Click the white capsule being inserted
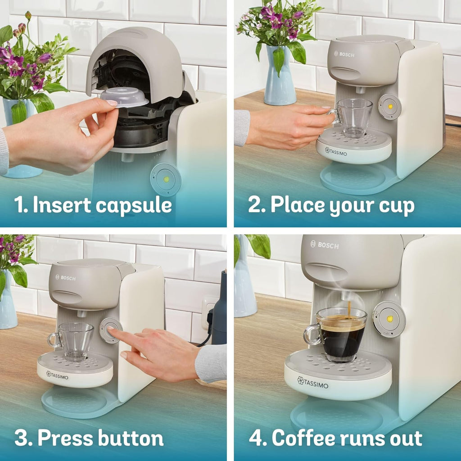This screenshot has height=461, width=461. pyautogui.click(x=124, y=97)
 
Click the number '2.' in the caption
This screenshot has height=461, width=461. pyautogui.click(x=257, y=205)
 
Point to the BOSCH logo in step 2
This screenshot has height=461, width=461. pyautogui.click(x=344, y=54)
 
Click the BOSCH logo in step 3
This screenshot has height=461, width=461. pyautogui.click(x=66, y=278)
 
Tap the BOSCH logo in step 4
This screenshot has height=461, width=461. pyautogui.click(x=325, y=245)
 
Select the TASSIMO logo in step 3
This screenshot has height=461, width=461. pyautogui.click(x=57, y=375)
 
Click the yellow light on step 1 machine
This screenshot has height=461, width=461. pyautogui.click(x=166, y=179)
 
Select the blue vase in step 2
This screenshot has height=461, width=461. pyautogui.click(x=280, y=77)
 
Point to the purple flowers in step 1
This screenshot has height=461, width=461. pyautogui.click(x=18, y=63)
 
